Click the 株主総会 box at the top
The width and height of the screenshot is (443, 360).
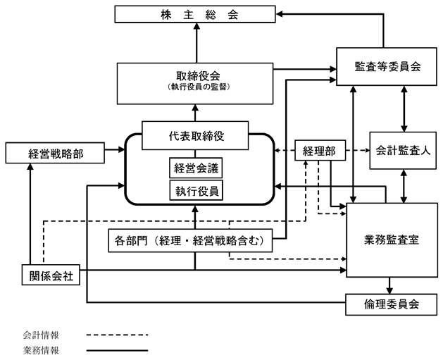point(195,14)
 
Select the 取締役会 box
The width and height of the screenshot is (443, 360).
point(195,84)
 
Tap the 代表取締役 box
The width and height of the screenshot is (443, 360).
point(195,136)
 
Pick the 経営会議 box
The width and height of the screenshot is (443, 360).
point(196,168)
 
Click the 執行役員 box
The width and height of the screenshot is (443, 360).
point(196,190)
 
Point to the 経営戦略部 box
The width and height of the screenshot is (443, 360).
point(55,153)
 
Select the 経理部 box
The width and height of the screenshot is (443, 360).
point(320,150)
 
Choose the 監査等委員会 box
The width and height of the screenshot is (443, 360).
point(387,67)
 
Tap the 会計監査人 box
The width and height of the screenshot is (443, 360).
point(403,151)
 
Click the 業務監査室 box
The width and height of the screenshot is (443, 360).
point(392,240)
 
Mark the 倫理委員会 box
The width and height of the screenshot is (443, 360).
point(392,304)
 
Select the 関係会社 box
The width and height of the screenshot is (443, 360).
point(51,275)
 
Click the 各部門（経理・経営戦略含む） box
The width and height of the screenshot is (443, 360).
point(190,240)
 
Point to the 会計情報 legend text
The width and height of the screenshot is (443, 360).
point(41,335)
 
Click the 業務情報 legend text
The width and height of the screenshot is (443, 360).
point(41,350)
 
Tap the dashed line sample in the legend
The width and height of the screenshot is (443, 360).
point(117,335)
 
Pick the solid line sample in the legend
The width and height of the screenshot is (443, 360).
point(117,351)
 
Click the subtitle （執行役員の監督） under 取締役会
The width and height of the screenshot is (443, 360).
point(199,87)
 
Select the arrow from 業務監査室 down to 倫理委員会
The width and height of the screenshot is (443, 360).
point(389,286)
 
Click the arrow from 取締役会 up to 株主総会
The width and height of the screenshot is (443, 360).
point(196,43)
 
